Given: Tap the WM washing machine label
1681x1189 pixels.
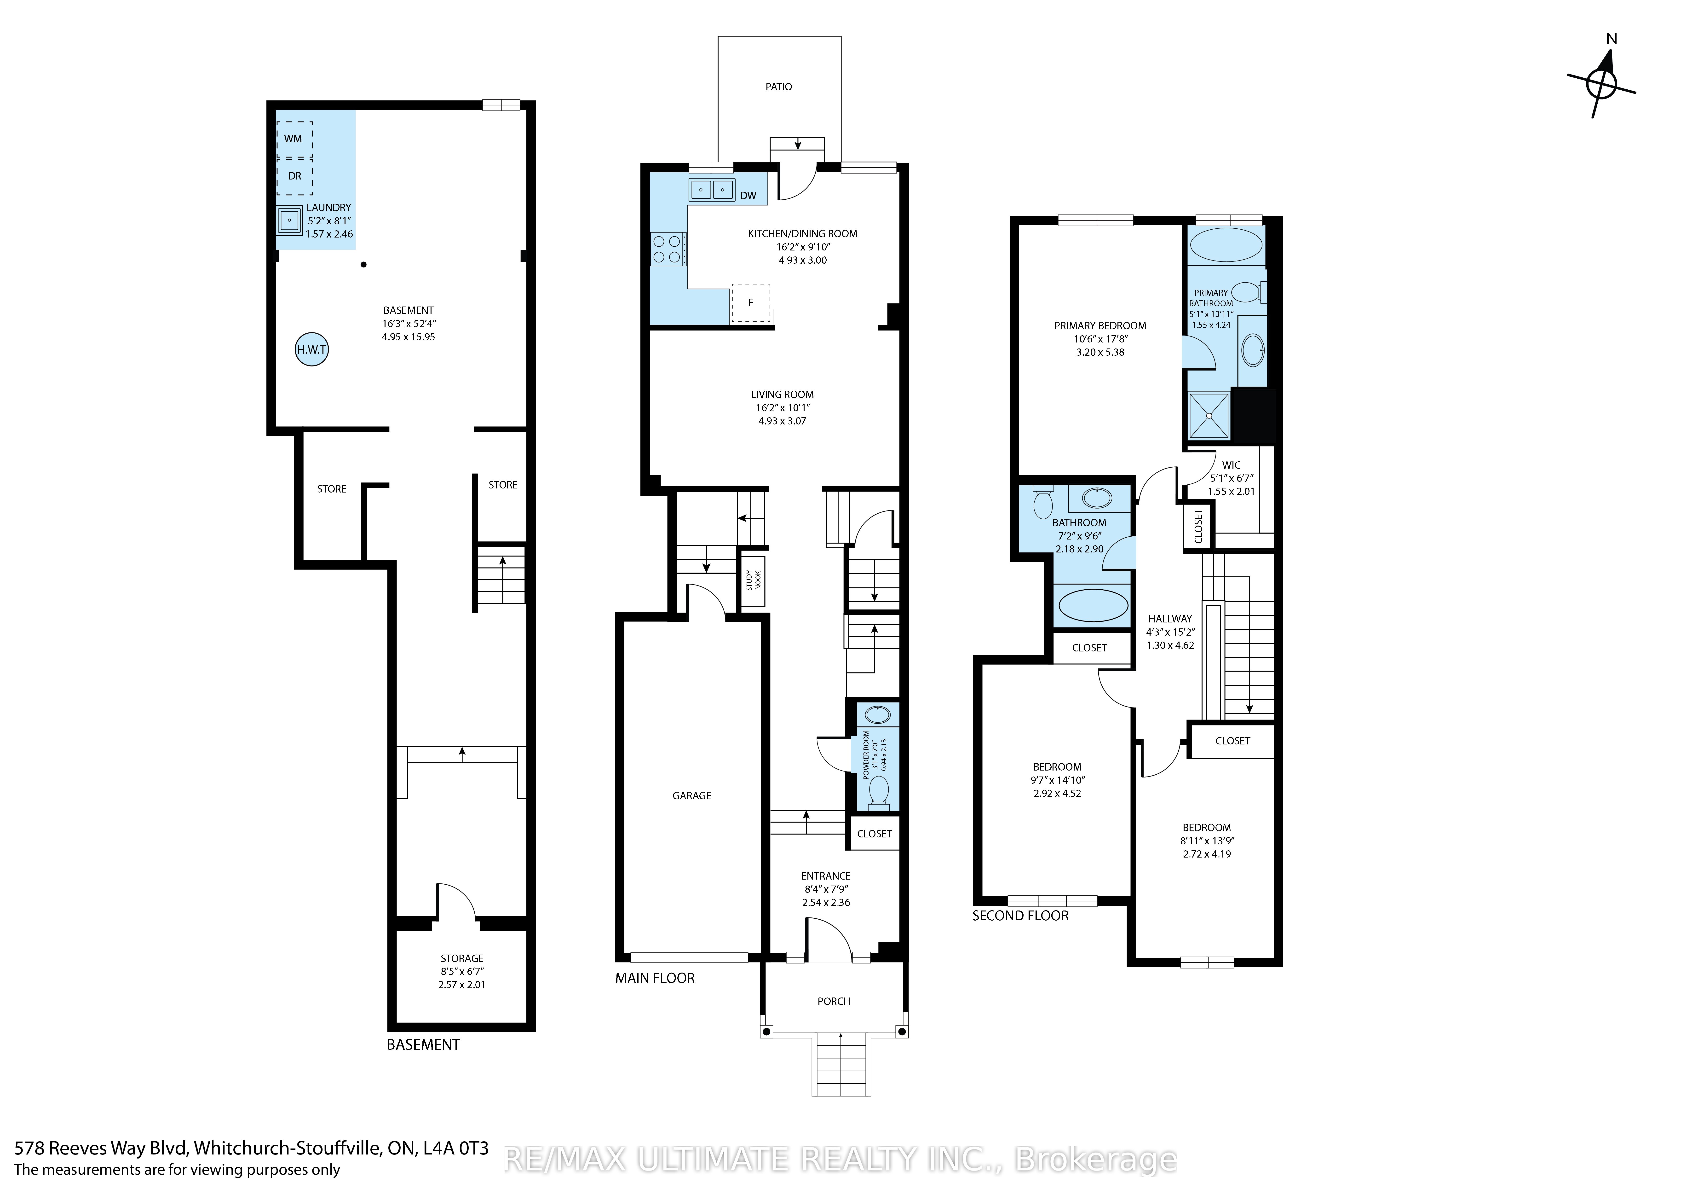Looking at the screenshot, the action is coord(293,139).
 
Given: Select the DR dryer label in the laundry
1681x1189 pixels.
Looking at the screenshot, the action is coord(294,176).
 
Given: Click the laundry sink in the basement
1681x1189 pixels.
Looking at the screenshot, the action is coord(290,220).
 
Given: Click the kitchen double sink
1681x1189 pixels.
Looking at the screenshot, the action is coord(712,190).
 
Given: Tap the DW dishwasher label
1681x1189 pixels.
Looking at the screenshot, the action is coord(748,196).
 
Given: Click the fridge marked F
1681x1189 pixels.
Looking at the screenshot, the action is coord(750,302).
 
